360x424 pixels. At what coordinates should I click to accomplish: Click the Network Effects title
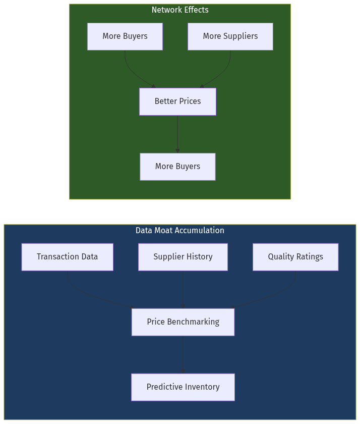click(x=180, y=10)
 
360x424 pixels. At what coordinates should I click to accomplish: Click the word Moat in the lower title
click(x=162, y=231)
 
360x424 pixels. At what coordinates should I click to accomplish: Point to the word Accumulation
click(x=200, y=231)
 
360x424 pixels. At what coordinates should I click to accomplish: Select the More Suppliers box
click(x=230, y=36)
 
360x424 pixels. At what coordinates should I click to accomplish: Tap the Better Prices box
click(x=177, y=101)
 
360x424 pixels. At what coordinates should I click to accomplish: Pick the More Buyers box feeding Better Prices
click(x=125, y=36)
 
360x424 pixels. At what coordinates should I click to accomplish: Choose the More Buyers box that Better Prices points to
click(x=177, y=167)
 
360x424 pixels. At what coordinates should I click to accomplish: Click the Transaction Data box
click(x=67, y=257)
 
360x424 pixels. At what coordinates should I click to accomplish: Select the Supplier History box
click(x=183, y=257)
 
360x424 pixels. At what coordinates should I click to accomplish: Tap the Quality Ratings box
click(x=295, y=257)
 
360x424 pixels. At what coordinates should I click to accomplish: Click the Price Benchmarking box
click(x=183, y=322)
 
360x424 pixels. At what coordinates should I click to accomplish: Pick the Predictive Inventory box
click(x=183, y=387)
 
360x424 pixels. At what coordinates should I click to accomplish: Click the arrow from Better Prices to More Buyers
click(x=177, y=134)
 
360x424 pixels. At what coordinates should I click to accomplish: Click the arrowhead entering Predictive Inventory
click(x=183, y=371)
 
